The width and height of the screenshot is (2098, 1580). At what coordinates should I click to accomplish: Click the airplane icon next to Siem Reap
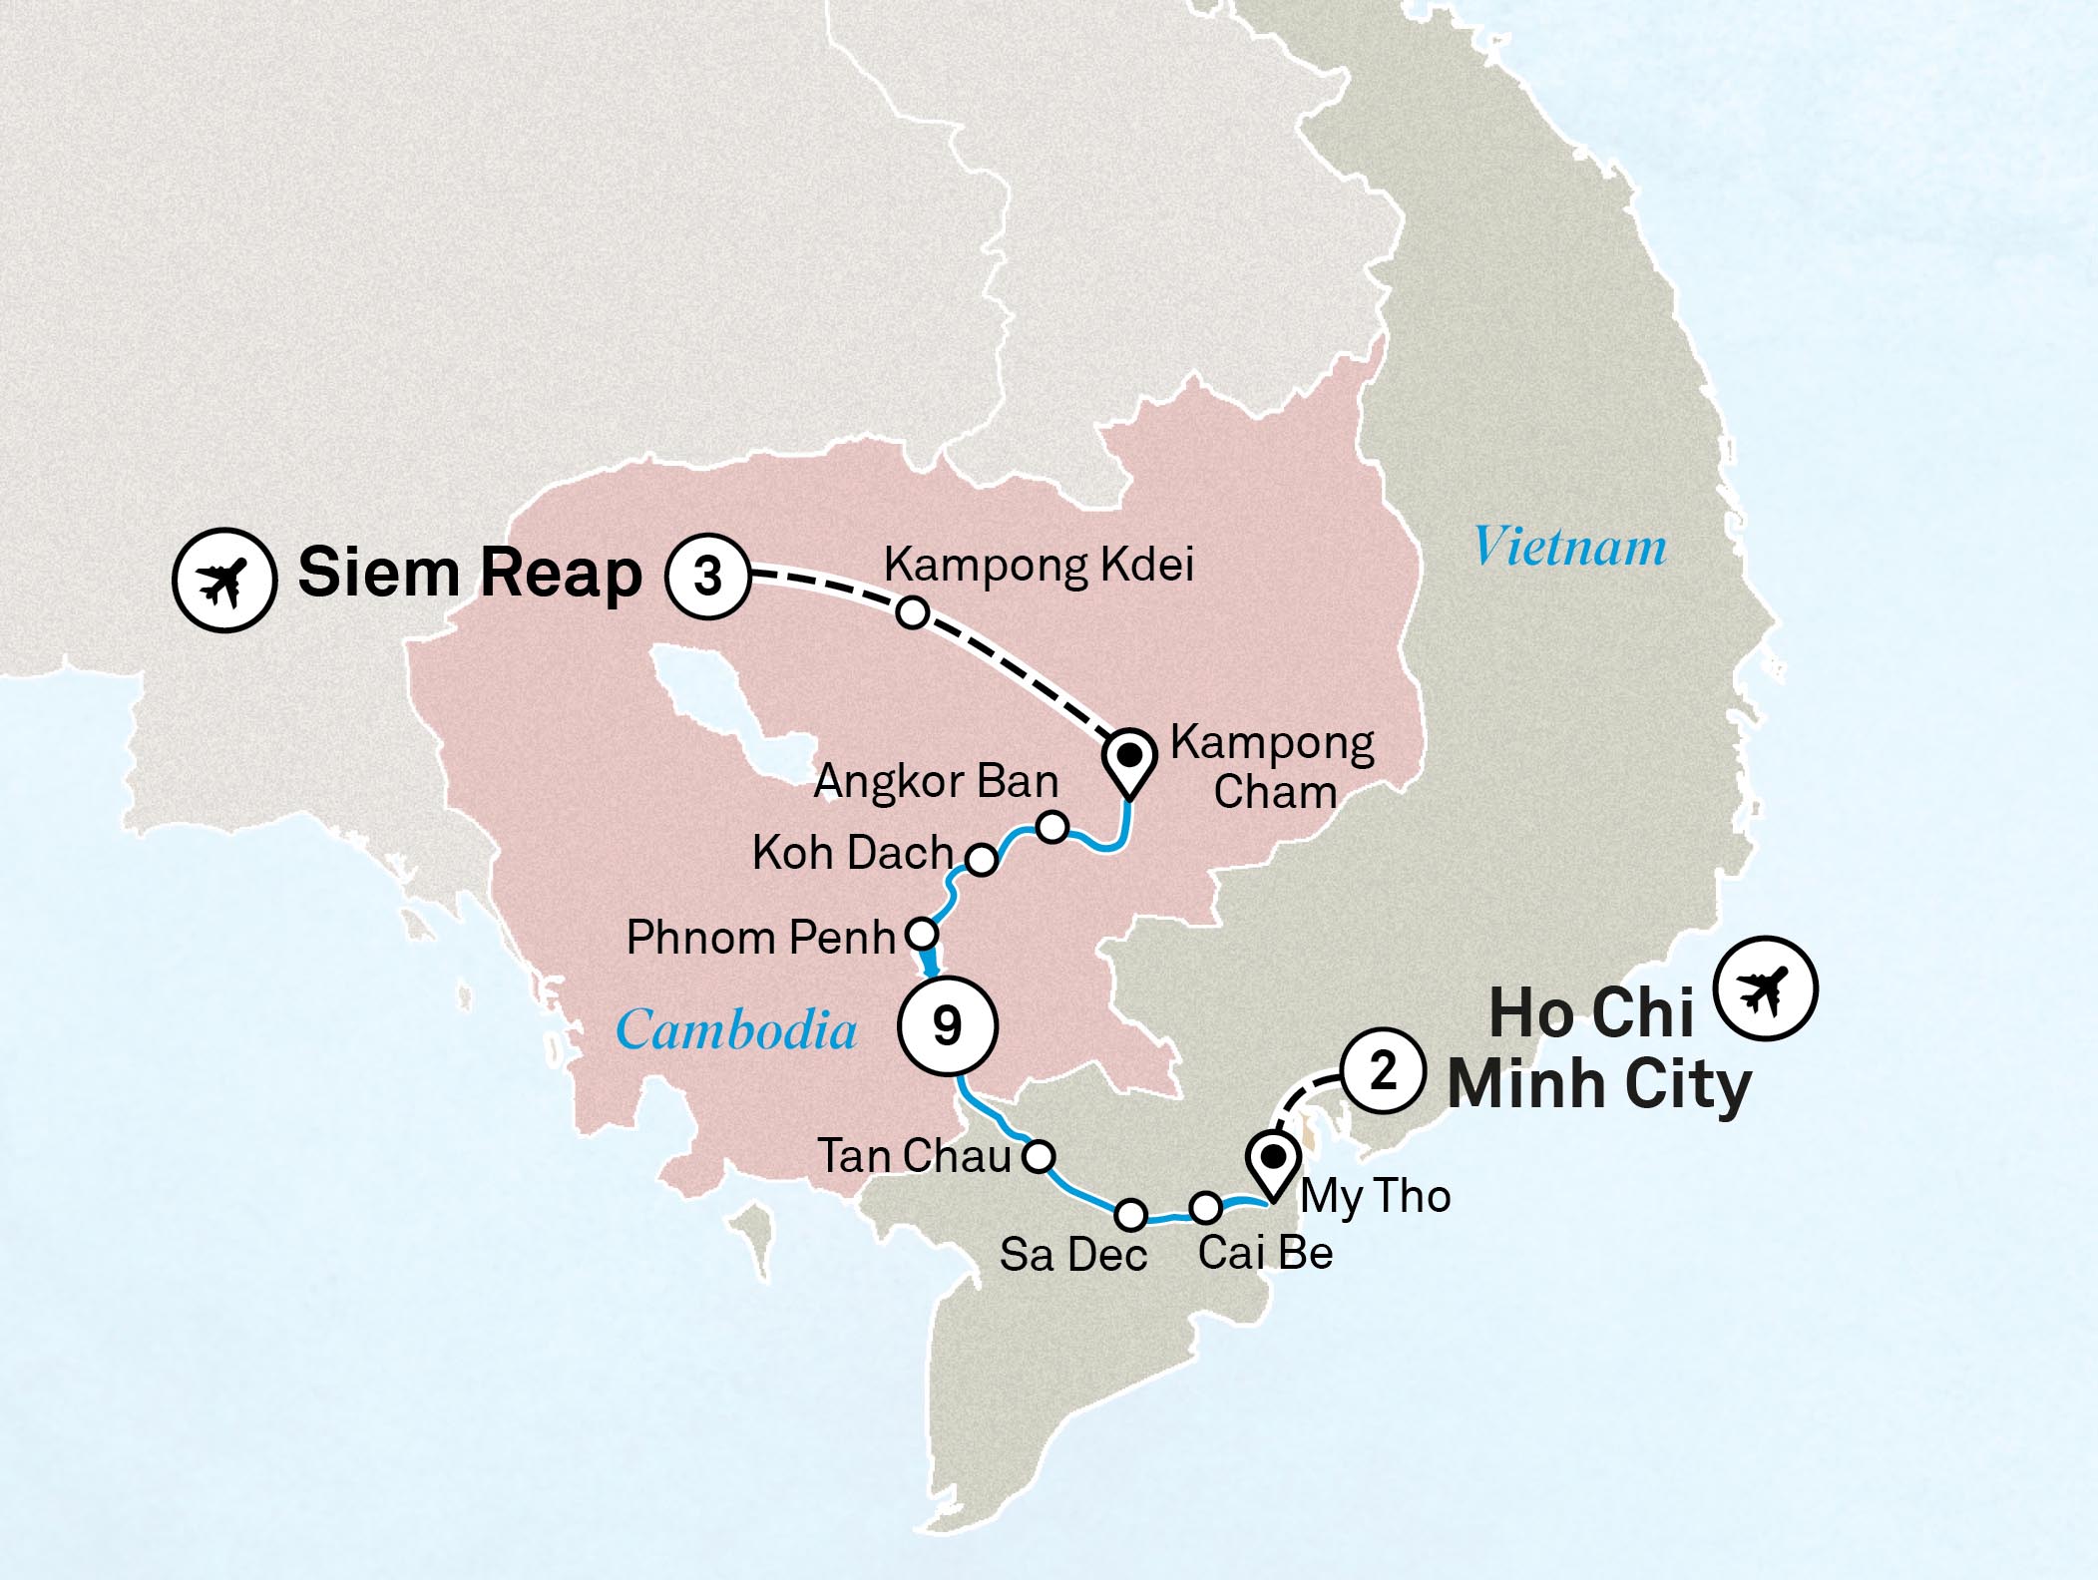(223, 580)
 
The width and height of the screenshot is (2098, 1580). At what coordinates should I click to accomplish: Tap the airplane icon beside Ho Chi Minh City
(1765, 989)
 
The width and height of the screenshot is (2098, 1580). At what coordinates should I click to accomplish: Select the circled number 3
(708, 577)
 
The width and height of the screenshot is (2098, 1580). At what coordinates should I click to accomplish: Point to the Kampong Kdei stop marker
(913, 612)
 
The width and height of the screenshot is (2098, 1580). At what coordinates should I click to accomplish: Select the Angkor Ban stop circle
(1052, 827)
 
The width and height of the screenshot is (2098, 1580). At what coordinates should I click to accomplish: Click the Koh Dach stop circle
(982, 859)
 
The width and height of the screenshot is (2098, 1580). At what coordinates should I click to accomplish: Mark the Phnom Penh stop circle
(922, 935)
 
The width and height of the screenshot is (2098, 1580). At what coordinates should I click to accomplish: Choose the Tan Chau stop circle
(1039, 1156)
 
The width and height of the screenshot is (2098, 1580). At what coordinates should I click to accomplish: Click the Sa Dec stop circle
(1130, 1215)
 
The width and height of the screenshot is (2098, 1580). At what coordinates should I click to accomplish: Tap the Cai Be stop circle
(1205, 1208)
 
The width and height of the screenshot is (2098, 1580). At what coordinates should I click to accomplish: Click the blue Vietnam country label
(1570, 548)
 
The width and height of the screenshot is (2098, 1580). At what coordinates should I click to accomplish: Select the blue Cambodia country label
(736, 1029)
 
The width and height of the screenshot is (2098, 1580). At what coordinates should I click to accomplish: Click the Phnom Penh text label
(761, 938)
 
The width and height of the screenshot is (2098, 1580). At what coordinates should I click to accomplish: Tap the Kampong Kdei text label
(1039, 565)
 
